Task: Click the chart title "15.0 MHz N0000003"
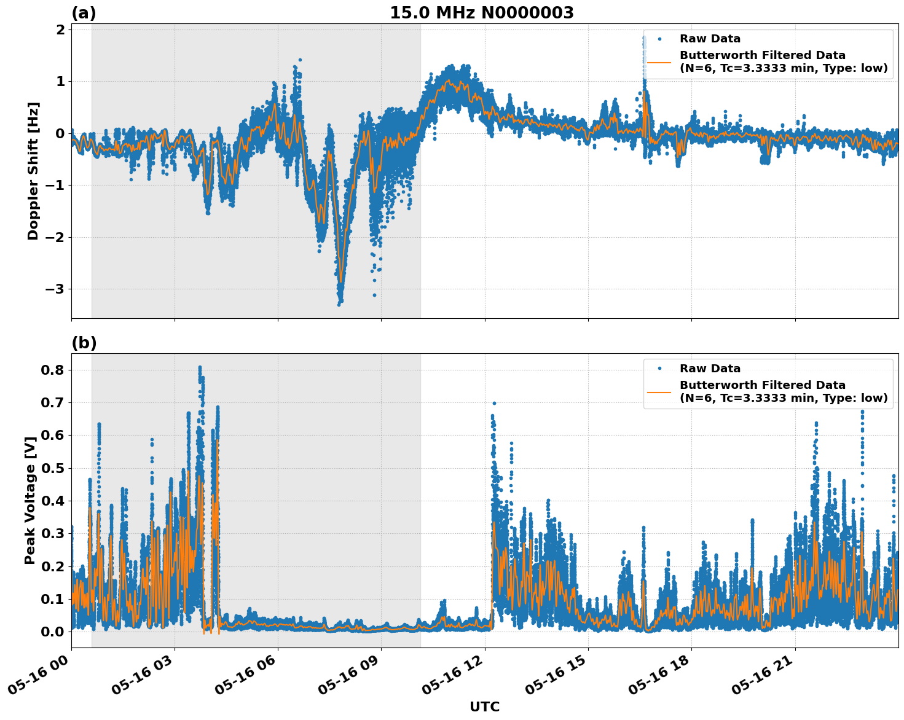(481, 13)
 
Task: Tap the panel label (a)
(84, 13)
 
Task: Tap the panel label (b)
(84, 343)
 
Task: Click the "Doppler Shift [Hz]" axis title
(33, 171)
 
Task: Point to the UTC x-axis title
(484, 706)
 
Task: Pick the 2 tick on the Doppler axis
(60, 29)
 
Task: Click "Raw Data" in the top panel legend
(710, 39)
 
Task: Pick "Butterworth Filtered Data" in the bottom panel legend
(762, 385)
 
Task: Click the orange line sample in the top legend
(659, 61)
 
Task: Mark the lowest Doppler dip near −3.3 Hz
(339, 304)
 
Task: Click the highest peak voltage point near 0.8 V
(200, 367)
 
